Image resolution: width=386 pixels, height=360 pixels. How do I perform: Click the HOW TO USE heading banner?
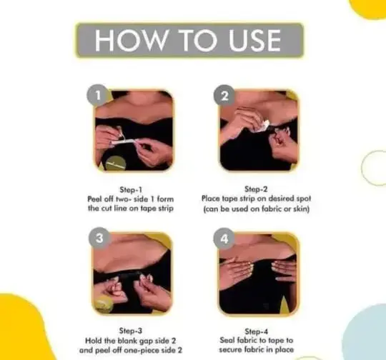pyautogui.click(x=189, y=40)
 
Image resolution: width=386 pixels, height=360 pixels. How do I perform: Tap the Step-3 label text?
pyautogui.click(x=134, y=331)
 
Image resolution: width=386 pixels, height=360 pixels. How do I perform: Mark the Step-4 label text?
pyautogui.click(x=259, y=331)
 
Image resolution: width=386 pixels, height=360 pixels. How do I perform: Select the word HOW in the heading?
pyautogui.click(x=124, y=40)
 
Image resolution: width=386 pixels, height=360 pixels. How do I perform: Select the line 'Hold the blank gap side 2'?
pyautogui.click(x=134, y=341)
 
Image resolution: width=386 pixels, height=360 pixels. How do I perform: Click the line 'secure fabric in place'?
pyautogui.click(x=259, y=351)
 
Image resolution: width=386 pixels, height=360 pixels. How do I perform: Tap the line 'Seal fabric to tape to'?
pyautogui.click(x=259, y=341)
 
